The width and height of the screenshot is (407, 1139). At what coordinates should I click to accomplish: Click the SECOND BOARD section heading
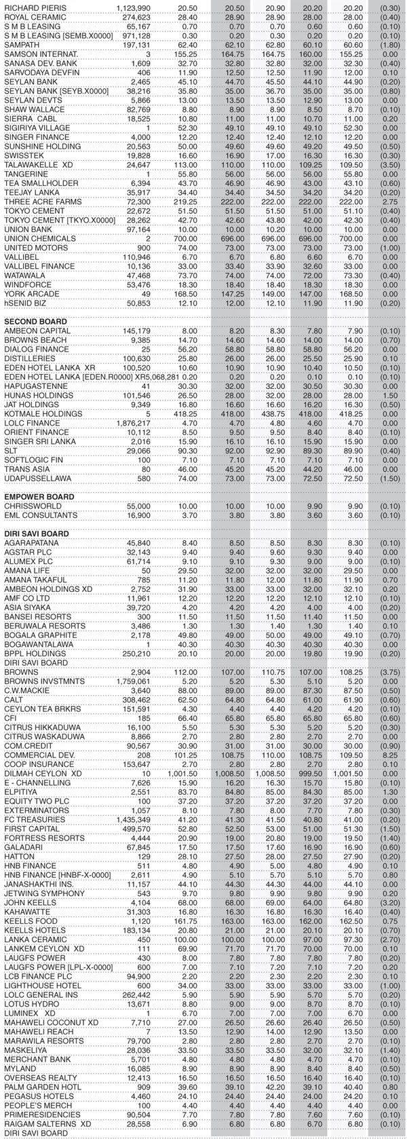(35, 321)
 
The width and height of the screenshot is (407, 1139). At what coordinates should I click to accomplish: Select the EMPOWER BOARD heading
(39, 497)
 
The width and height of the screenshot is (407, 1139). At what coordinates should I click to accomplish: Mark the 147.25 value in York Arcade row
(228, 294)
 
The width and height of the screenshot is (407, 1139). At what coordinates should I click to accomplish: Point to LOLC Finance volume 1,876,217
(133, 423)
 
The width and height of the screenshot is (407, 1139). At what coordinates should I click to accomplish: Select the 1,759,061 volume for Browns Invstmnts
(133, 681)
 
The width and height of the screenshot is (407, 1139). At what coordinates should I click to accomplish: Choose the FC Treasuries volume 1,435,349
(133, 819)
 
